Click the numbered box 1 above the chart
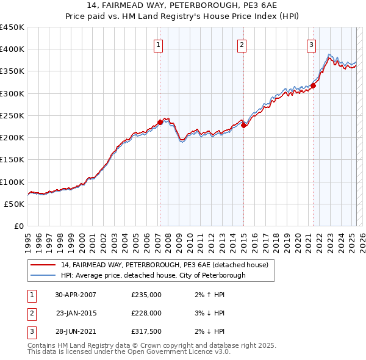click(x=159, y=44)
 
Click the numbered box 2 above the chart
click(x=242, y=44)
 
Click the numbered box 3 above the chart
click(x=311, y=44)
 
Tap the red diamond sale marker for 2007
click(x=160, y=122)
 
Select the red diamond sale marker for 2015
click(x=243, y=126)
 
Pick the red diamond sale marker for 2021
click(x=313, y=86)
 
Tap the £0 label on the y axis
click(x=18, y=226)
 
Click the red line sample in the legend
click(x=43, y=265)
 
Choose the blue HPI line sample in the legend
click(x=43, y=275)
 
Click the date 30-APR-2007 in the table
click(x=76, y=294)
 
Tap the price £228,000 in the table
click(x=146, y=313)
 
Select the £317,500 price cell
click(x=146, y=331)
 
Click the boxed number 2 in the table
click(x=31, y=313)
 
